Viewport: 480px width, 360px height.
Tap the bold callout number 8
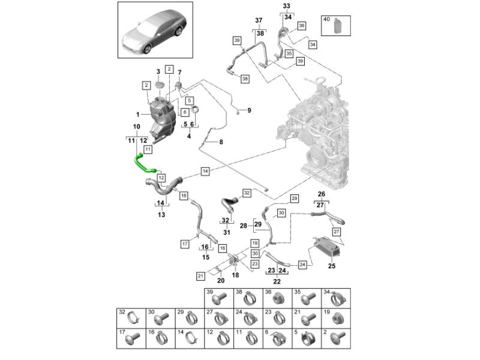[221, 142]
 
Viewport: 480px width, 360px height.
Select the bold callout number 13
[161, 215]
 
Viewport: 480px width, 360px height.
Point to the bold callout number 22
[277, 281]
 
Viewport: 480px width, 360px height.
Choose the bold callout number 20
[220, 281]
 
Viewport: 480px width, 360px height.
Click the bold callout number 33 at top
[286, 6]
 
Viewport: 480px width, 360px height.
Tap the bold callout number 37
[259, 21]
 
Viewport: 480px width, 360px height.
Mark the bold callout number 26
[321, 194]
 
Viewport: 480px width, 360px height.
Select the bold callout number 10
[136, 127]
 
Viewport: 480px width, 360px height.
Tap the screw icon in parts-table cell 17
[131, 339]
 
